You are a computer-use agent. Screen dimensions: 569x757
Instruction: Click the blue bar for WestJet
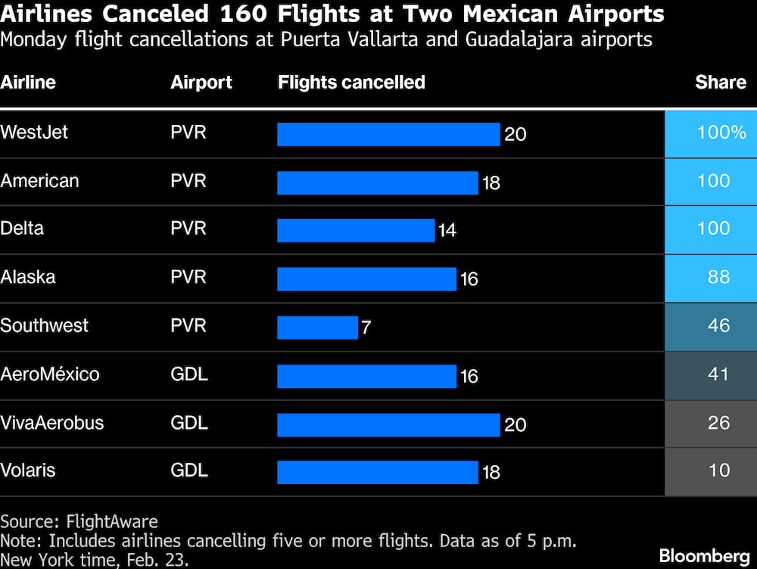click(x=388, y=134)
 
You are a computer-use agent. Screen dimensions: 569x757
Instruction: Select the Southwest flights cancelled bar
click(x=317, y=327)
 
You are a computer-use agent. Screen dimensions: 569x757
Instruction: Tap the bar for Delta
click(x=356, y=230)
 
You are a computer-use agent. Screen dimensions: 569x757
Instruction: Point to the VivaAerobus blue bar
click(x=388, y=424)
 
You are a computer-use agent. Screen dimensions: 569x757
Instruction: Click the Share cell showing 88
click(x=711, y=277)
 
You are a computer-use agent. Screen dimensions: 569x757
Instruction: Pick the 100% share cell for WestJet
click(x=711, y=133)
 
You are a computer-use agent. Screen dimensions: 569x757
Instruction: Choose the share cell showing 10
click(x=711, y=471)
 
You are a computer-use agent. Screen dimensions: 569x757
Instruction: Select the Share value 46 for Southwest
click(x=711, y=326)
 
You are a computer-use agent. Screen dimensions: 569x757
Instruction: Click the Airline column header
click(x=28, y=83)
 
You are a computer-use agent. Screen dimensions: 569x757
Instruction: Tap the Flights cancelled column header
click(x=351, y=83)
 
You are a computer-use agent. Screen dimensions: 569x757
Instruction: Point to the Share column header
click(x=721, y=83)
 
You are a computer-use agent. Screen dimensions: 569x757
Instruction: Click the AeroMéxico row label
click(x=50, y=374)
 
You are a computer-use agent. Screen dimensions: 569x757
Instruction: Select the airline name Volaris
click(x=28, y=471)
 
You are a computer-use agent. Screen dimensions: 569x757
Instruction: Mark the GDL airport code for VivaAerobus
click(x=189, y=423)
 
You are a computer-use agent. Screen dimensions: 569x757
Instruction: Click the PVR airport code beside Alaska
click(x=188, y=277)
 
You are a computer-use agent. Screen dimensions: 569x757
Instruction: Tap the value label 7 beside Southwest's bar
click(x=366, y=329)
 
